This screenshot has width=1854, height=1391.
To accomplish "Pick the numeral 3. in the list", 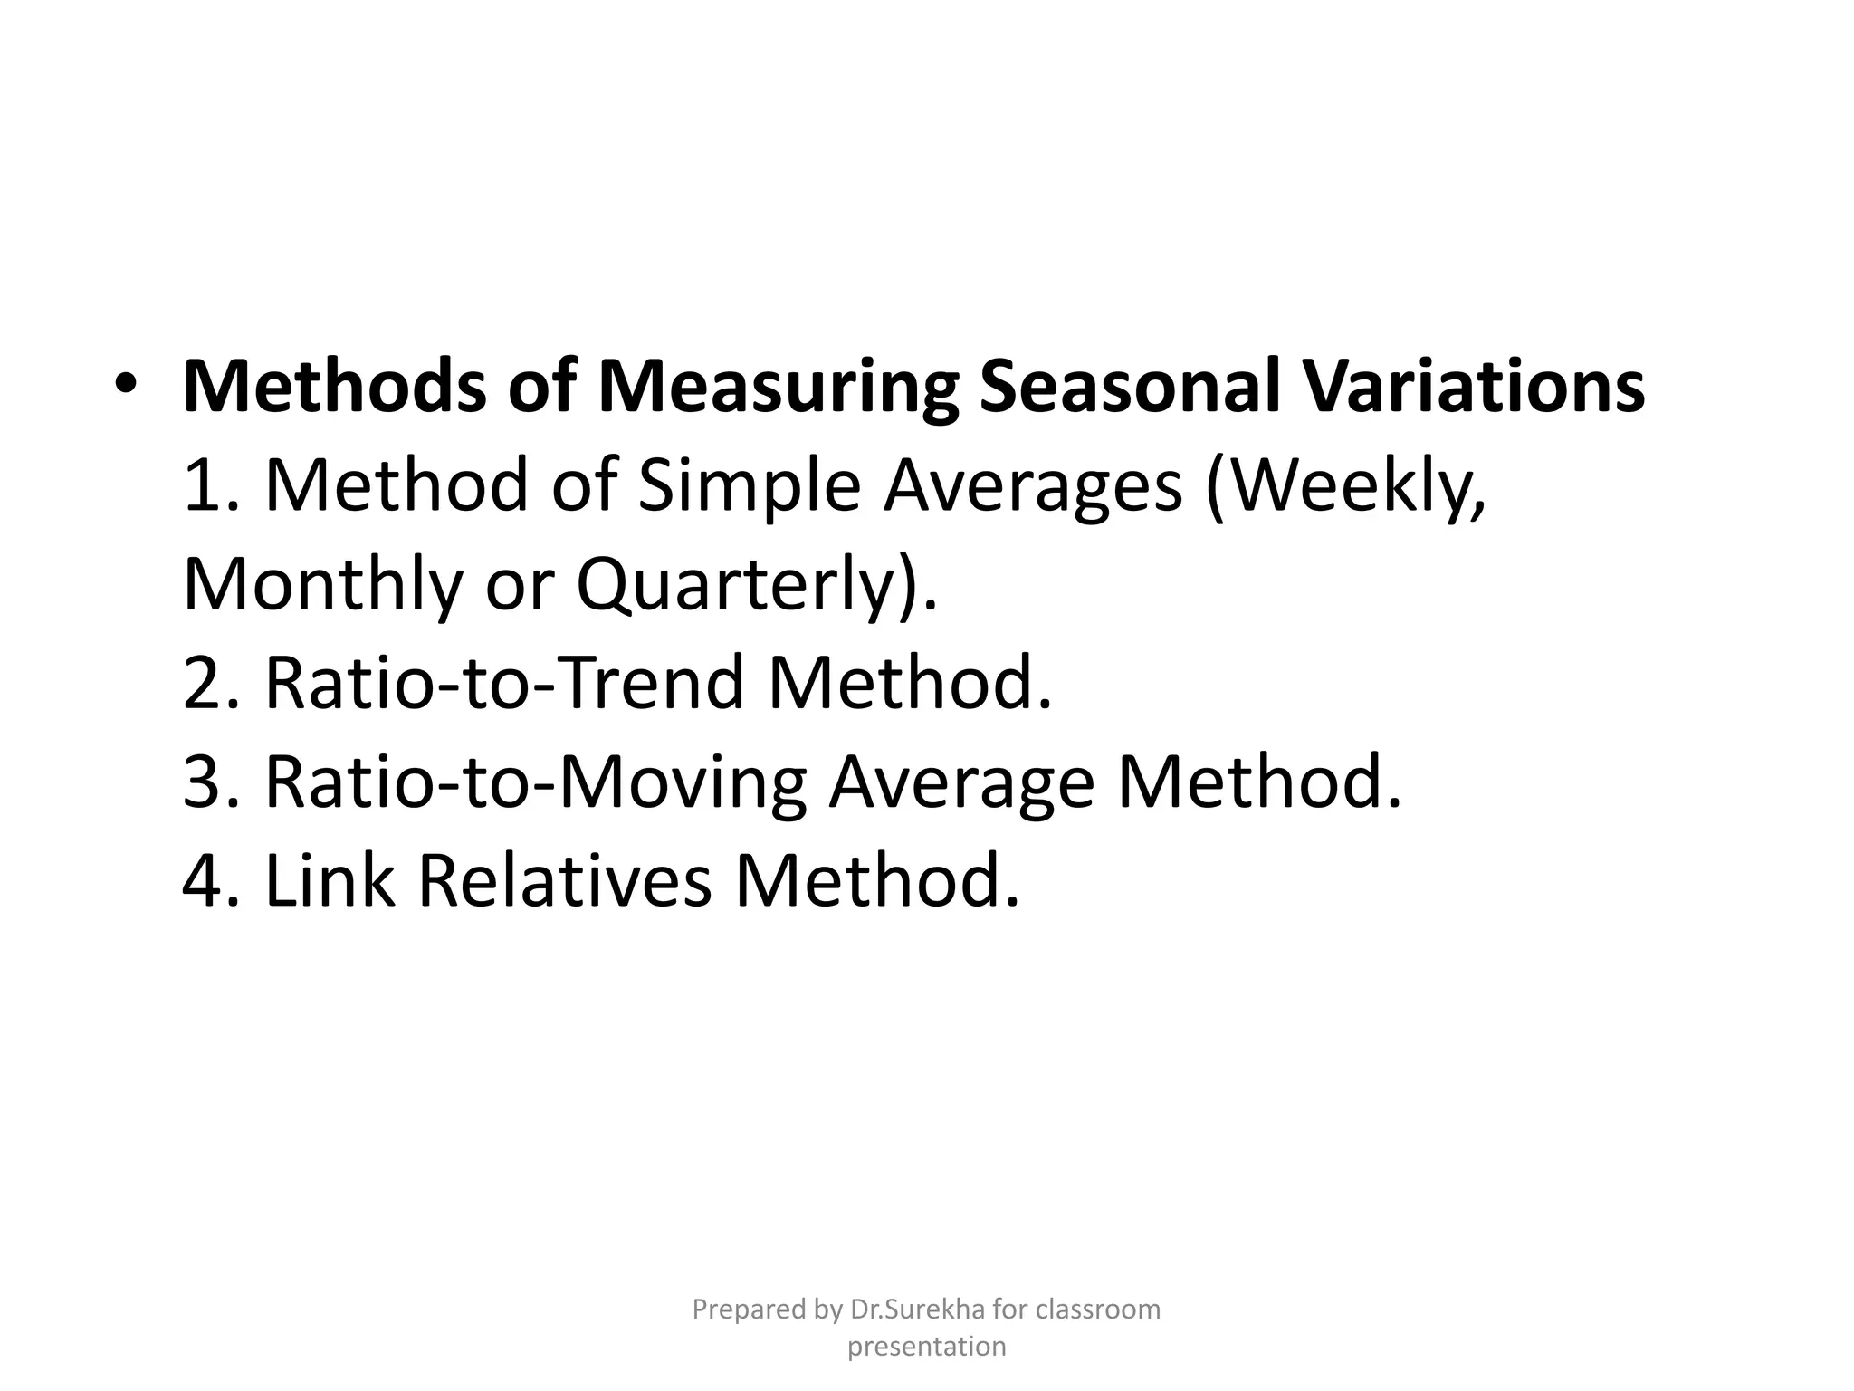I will click(x=212, y=782).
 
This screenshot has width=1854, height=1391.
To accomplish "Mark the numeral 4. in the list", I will click(x=212, y=881).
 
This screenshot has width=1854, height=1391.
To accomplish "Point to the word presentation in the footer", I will click(x=926, y=1347).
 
